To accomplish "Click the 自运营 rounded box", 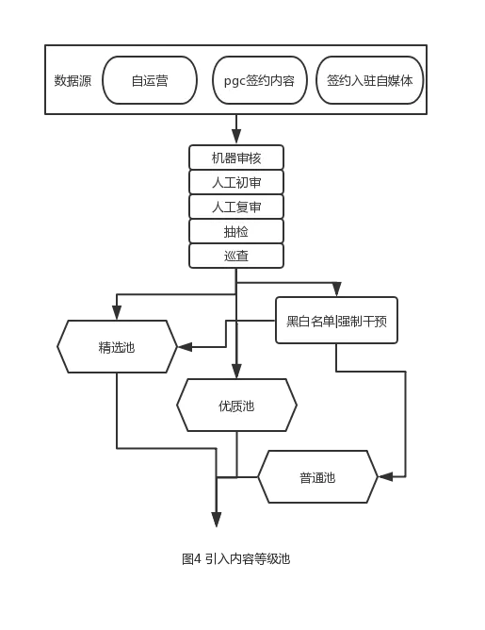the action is coord(150,80).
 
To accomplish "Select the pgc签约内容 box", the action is coord(260,80).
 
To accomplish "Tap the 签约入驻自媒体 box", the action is coord(369,80).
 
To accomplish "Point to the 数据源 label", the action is coord(73,81).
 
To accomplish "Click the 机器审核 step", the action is coord(236,157).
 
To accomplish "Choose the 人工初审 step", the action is coord(236,182).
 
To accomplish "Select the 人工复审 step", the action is coord(236,207).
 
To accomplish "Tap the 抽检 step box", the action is coord(236,231).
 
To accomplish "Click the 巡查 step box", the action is coord(236,256).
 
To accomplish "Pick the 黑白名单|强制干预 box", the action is coord(336,321).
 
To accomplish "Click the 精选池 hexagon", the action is coord(117,346).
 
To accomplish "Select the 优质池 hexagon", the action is coord(236,405).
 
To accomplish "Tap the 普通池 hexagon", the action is coord(317,477).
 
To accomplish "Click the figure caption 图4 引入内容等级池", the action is coord(235,559).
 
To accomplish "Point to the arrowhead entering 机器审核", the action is coord(236,137).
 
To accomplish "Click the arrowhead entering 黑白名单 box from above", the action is coord(336,290).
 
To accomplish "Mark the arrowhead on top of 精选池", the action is coord(117,312).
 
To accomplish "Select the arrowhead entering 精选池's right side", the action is coord(185,347).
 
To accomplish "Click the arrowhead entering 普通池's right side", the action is coord(386,477).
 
